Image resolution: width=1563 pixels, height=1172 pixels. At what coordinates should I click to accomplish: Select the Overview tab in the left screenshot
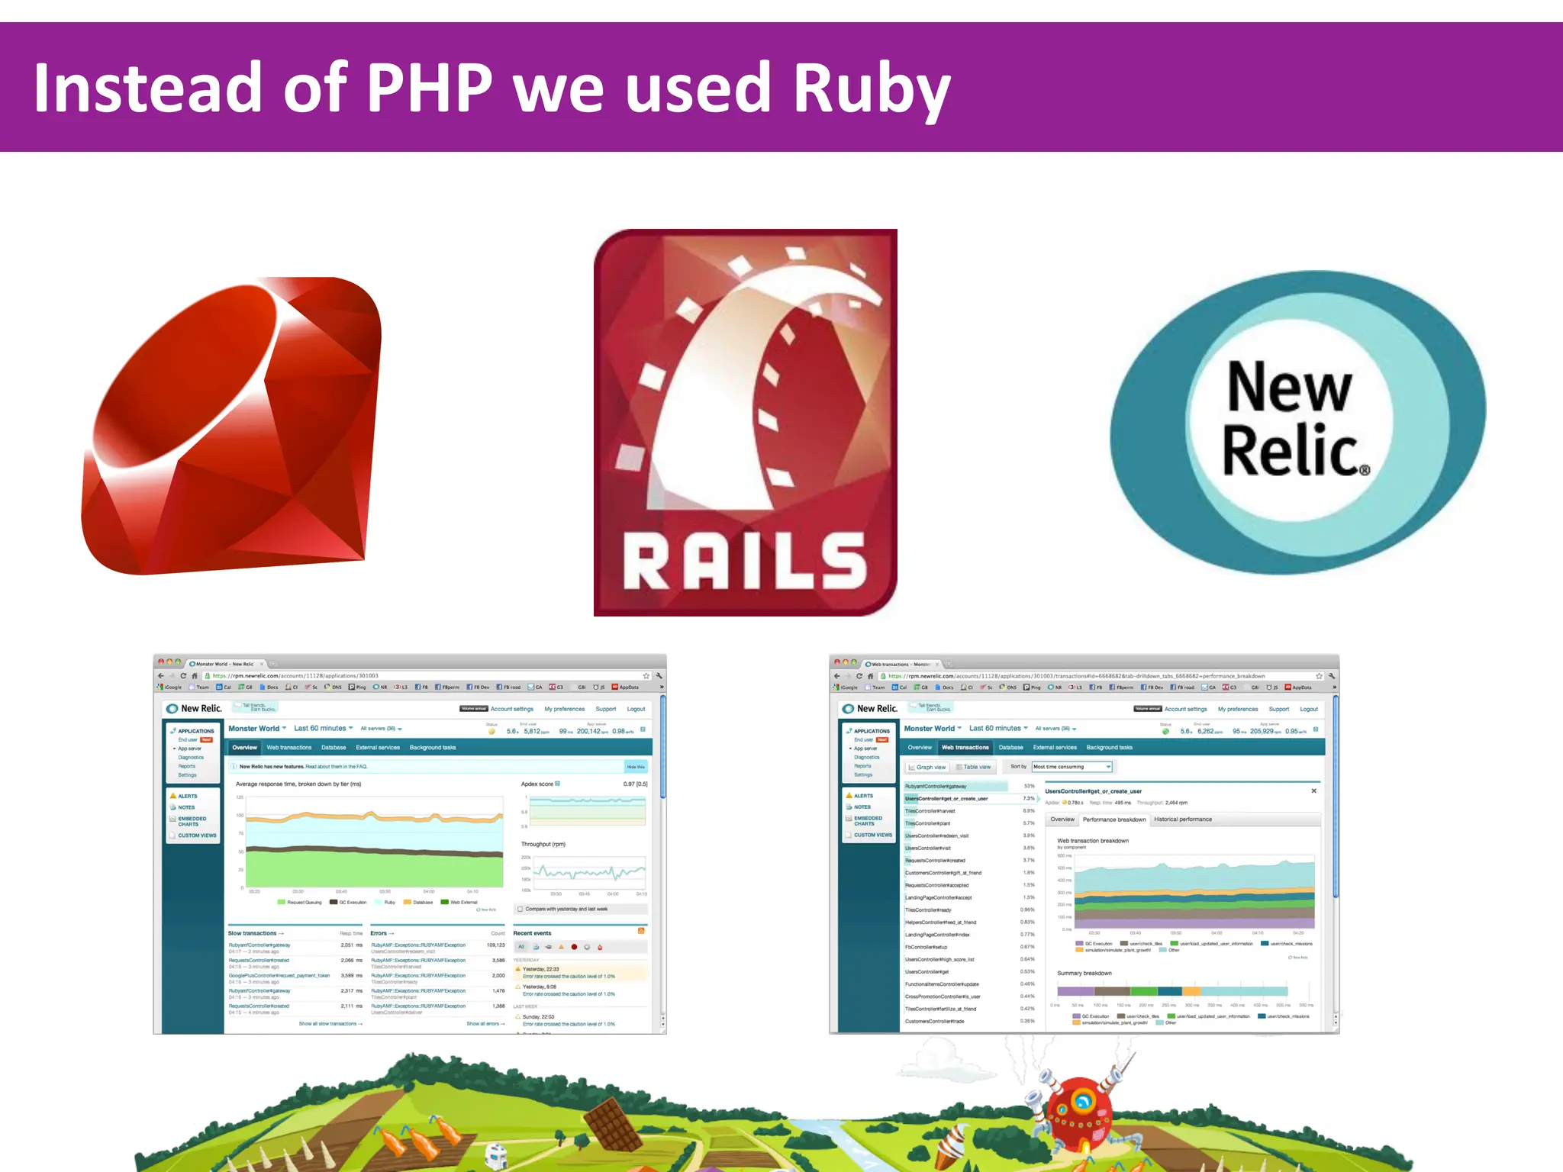(244, 748)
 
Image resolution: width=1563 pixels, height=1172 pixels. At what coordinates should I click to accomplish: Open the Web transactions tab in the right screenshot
(965, 748)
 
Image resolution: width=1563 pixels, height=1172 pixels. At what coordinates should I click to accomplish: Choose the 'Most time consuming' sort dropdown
(1072, 767)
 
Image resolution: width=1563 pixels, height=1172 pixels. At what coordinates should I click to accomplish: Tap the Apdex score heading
(537, 784)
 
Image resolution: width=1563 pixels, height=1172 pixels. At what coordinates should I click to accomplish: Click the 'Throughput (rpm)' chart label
(543, 844)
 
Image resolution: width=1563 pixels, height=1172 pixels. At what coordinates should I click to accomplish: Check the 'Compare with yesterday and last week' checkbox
(520, 909)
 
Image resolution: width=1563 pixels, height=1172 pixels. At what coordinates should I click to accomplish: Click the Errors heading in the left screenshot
(379, 933)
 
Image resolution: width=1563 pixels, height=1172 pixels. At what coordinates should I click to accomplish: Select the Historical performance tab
(1182, 819)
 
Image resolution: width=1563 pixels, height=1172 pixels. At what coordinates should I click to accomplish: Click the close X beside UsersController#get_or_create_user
(1313, 791)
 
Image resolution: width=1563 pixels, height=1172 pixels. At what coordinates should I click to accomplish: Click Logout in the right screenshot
(1309, 709)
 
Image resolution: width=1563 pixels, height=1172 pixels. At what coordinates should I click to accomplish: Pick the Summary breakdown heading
(1084, 973)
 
